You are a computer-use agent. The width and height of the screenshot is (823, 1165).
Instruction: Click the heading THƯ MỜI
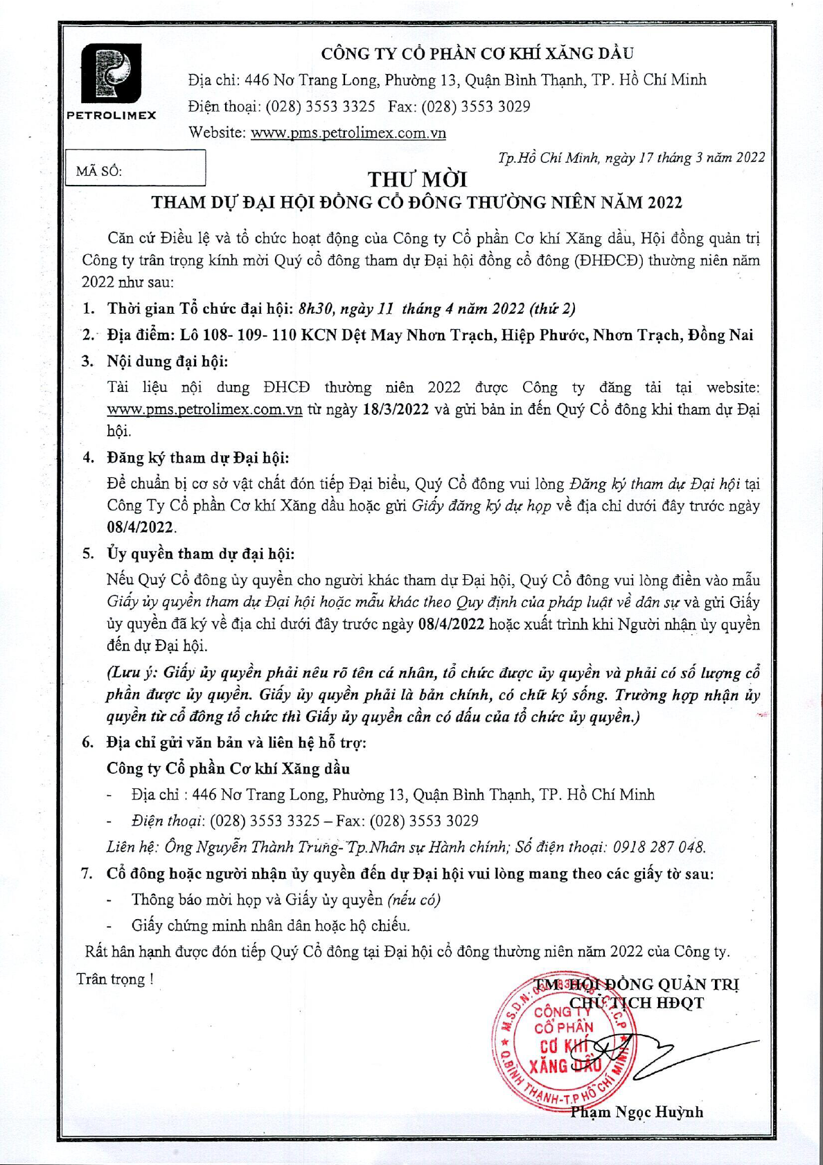(x=417, y=179)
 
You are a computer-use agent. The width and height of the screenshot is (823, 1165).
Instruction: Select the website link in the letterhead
(x=348, y=132)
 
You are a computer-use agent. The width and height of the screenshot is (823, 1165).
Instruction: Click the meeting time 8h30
(x=312, y=308)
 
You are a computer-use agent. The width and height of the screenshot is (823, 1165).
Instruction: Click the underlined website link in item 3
(x=204, y=409)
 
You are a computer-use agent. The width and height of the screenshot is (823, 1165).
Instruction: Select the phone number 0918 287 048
(x=671, y=846)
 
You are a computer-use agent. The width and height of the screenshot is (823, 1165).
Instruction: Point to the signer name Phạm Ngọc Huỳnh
(x=637, y=1112)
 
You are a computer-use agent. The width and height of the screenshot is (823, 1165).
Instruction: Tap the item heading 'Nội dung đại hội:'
(x=167, y=361)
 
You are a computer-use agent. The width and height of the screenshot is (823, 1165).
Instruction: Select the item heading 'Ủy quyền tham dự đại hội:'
(x=200, y=553)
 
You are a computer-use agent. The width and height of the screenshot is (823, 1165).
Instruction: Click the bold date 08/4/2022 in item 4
(x=139, y=527)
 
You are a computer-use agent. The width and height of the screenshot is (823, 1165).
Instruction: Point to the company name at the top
(x=477, y=53)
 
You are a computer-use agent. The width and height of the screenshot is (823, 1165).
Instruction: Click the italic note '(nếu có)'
(x=414, y=899)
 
